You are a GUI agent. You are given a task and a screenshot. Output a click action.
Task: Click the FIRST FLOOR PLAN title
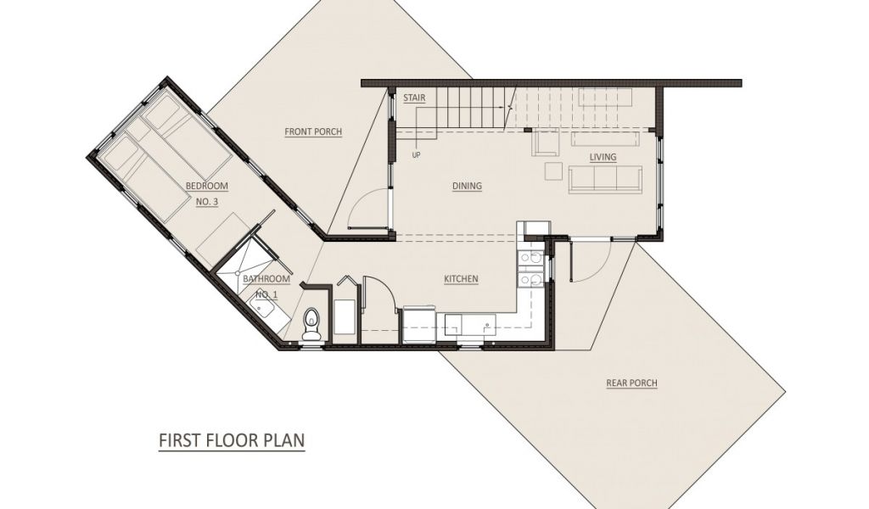[x=232, y=440]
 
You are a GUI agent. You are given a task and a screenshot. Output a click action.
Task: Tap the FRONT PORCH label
[x=313, y=131]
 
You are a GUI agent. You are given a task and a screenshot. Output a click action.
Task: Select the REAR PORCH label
[x=631, y=383]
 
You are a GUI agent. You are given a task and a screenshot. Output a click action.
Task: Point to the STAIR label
[x=414, y=98]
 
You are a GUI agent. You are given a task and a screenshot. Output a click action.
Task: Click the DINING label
[x=468, y=186]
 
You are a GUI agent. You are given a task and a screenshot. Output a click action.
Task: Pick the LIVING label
[x=603, y=157]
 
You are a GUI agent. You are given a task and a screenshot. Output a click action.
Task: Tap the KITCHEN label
[x=461, y=279]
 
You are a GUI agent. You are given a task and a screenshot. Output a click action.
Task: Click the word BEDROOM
[x=207, y=186]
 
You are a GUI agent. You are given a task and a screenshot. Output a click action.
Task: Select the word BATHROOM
[x=266, y=278]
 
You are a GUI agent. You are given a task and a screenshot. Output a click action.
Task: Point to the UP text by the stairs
[x=416, y=155]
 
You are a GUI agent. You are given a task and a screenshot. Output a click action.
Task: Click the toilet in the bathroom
[x=311, y=324]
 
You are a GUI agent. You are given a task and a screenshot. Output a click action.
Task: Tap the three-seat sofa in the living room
[x=605, y=180]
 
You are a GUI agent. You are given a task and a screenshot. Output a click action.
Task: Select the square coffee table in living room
[x=553, y=171]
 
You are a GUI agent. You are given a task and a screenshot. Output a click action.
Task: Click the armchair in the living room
[x=546, y=143]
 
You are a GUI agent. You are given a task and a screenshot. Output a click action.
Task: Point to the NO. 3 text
[x=207, y=202]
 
